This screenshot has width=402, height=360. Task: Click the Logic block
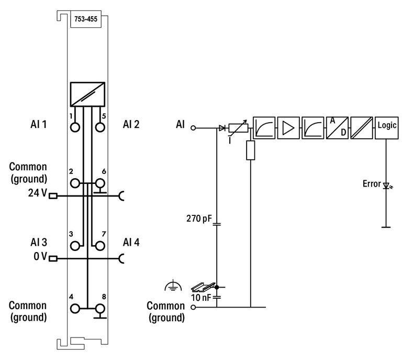(387, 127)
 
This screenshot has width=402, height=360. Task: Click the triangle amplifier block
(288, 127)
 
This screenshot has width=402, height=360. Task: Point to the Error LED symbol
(387, 186)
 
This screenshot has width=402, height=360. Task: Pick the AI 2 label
(131, 124)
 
